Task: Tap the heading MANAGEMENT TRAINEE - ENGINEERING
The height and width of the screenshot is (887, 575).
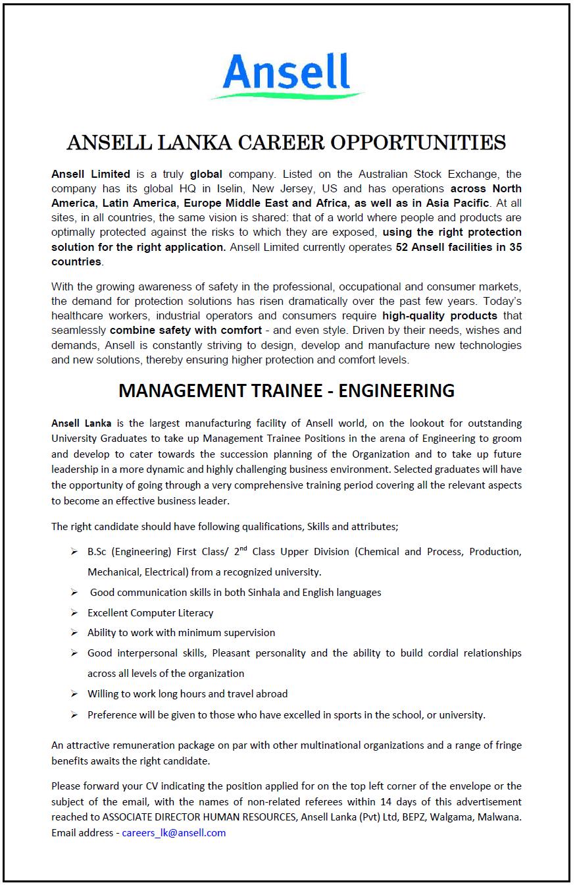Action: tap(286, 390)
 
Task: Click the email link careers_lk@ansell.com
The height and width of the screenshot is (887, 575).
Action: tap(174, 832)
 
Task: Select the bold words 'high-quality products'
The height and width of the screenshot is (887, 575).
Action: tap(439, 315)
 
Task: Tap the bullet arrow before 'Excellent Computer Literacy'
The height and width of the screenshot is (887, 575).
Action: tap(74, 613)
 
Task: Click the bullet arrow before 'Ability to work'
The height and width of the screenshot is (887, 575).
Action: tap(74, 633)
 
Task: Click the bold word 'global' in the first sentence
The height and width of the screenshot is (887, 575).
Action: tap(206, 174)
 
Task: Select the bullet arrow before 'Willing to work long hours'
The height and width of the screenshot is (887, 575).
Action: tap(74, 694)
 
